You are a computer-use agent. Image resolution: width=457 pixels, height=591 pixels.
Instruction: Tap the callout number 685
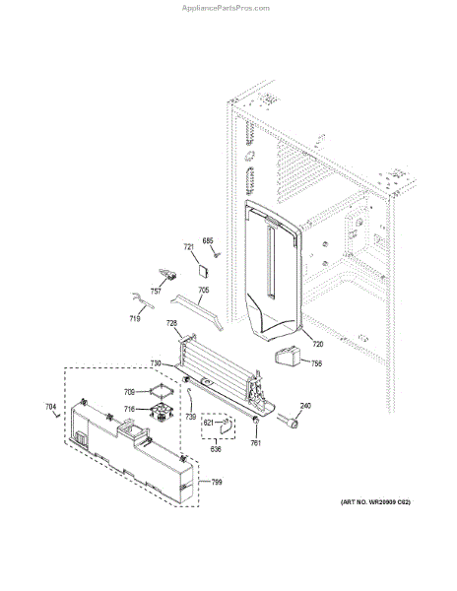[x=208, y=241]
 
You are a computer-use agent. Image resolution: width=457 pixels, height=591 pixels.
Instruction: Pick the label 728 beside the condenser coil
[x=171, y=324]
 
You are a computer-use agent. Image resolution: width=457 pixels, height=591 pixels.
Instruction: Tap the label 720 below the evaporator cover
[x=318, y=344]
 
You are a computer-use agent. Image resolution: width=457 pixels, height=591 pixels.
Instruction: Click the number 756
[x=316, y=363]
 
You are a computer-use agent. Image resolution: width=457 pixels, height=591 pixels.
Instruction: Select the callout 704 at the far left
[x=50, y=407]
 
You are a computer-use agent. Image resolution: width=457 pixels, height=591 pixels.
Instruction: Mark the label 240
[x=305, y=407]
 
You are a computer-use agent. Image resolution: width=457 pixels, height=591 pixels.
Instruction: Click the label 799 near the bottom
[x=217, y=483]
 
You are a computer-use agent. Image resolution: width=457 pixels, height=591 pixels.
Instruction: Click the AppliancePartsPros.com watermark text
[x=228, y=7]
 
